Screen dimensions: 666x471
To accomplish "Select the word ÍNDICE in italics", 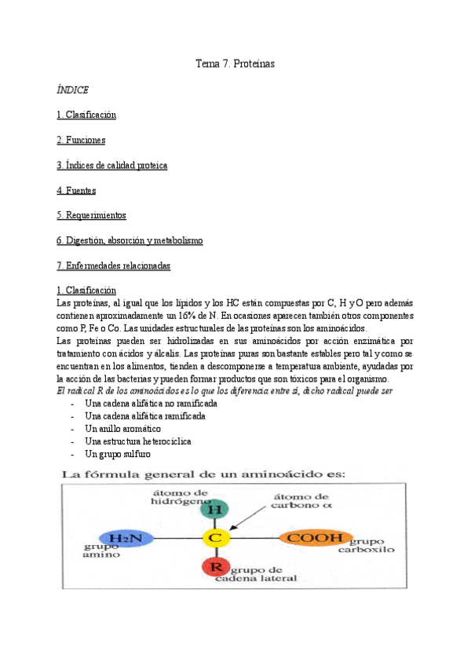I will pos(72,90).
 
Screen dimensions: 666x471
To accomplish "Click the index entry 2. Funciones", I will pos(81,140).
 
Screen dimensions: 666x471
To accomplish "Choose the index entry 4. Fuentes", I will pos(76,190).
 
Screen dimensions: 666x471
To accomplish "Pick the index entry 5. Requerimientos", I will pos(91,215).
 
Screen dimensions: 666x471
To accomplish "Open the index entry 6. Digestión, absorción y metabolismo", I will pos(130,240).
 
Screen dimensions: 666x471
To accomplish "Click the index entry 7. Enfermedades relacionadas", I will pos(113,265).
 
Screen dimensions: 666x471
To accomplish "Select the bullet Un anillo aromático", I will pos(122,429).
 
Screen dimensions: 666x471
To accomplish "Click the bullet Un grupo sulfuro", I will pos(117,454).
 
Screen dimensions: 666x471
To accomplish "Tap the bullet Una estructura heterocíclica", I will pos(137,441).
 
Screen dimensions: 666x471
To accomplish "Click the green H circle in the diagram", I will pos(213,509).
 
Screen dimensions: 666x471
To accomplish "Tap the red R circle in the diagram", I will pos(214,566).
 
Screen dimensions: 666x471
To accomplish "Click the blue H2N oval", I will pos(126,538).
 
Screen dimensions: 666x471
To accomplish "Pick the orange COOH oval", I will pos(313,538).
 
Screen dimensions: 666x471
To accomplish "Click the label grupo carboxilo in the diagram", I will pos(372,546).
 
